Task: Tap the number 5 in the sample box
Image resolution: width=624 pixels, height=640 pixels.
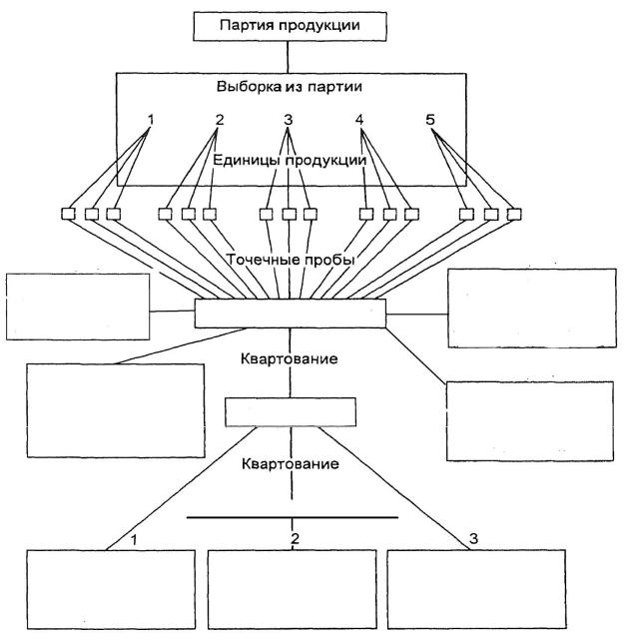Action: [x=430, y=121]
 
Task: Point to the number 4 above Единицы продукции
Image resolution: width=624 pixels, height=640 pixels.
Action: [x=358, y=121]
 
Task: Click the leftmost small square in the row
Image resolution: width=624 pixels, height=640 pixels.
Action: [x=69, y=213]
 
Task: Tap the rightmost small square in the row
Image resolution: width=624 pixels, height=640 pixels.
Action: [x=513, y=213]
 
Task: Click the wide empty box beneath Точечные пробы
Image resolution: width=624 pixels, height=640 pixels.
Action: [x=290, y=313]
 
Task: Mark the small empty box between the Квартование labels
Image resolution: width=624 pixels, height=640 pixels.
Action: [x=290, y=410]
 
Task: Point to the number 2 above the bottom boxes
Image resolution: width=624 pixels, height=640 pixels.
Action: [x=295, y=540]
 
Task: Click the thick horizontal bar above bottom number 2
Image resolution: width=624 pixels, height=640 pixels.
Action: [x=292, y=517]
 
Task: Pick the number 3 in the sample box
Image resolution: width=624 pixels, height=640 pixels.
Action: [x=288, y=121]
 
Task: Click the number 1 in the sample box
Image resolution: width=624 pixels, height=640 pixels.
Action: [x=150, y=121]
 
